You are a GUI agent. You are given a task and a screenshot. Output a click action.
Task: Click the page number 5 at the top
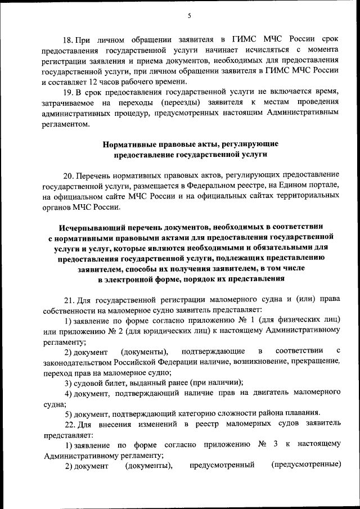click(190, 16)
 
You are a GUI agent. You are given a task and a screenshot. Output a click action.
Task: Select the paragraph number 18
click(67, 40)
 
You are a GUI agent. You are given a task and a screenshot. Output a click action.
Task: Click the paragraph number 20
click(67, 176)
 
